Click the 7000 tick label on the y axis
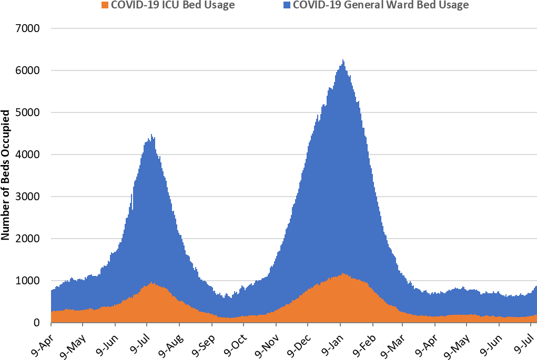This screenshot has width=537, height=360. coord(29,28)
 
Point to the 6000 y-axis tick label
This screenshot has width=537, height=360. coord(29,70)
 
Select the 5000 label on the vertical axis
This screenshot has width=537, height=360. coord(29,112)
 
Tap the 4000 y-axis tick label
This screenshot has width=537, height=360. coord(29,155)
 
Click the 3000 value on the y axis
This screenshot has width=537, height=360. coord(29,197)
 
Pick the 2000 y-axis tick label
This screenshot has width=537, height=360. coord(29,239)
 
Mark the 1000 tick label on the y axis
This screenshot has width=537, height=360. coord(29,281)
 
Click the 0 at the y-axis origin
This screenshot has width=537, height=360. coord(37,323)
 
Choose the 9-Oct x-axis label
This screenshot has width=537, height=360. coord(237,342)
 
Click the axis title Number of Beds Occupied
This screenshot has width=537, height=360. coord(6,175)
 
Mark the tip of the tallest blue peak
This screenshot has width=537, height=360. coord(343,60)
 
